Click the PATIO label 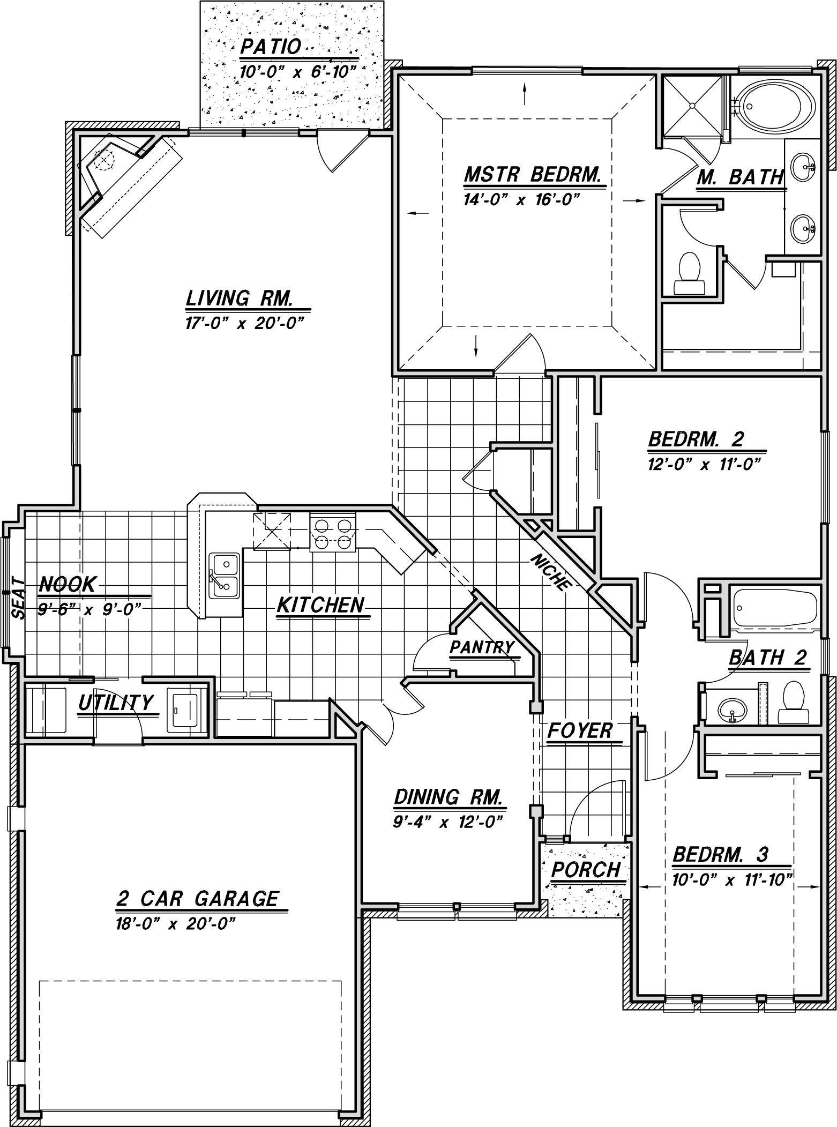pos(271,47)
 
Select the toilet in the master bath pos(689,273)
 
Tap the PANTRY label pos(482,647)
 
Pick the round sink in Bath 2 pos(731,711)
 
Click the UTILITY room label pos(116,702)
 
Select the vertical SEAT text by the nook pos(18,598)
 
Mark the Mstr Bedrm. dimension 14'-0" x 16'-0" pos(522,200)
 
